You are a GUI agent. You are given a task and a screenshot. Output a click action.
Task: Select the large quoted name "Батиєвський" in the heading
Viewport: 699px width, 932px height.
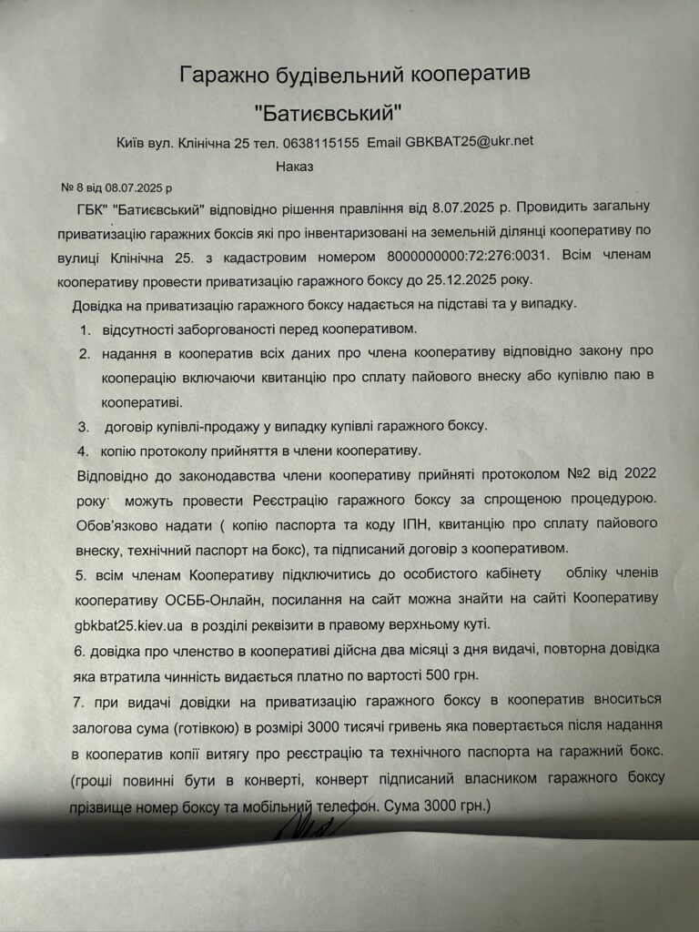(328, 113)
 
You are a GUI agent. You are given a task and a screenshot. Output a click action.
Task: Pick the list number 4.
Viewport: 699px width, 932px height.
(82, 450)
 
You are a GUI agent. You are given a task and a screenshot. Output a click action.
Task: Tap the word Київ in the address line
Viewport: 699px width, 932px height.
(133, 143)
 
